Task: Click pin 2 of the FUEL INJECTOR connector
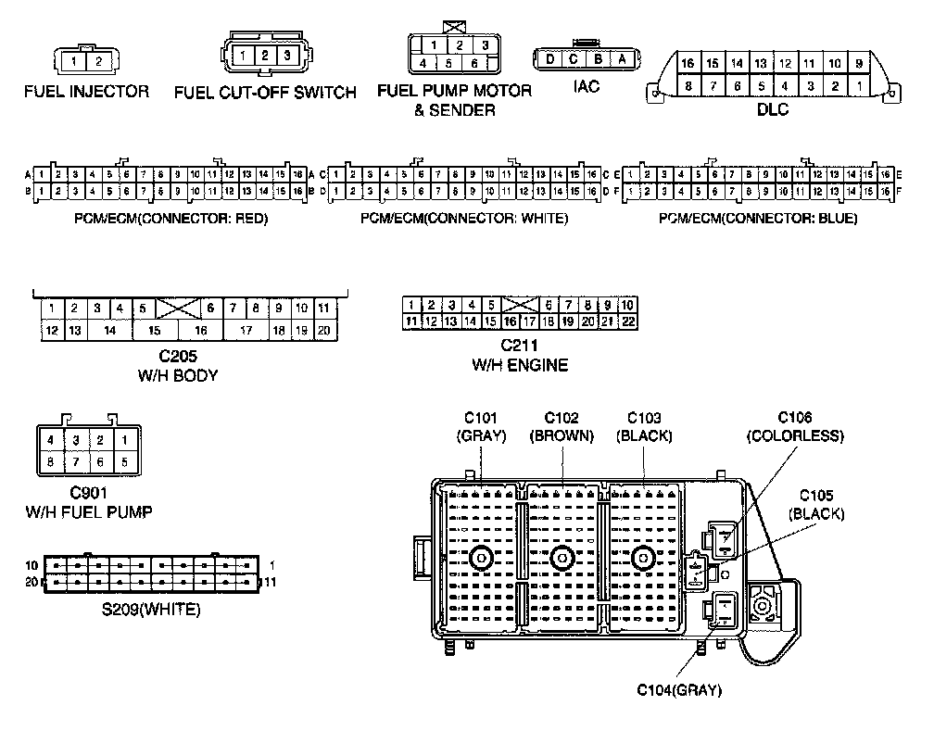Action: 98,62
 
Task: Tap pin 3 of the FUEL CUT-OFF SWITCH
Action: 287,56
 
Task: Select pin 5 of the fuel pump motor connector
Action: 449,64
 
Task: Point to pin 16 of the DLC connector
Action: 688,64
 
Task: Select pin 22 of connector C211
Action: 627,321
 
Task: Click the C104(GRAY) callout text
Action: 678,689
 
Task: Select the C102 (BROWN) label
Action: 562,426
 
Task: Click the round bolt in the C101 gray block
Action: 481,558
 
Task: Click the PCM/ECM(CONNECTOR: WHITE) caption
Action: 463,219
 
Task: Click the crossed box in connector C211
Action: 520,304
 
